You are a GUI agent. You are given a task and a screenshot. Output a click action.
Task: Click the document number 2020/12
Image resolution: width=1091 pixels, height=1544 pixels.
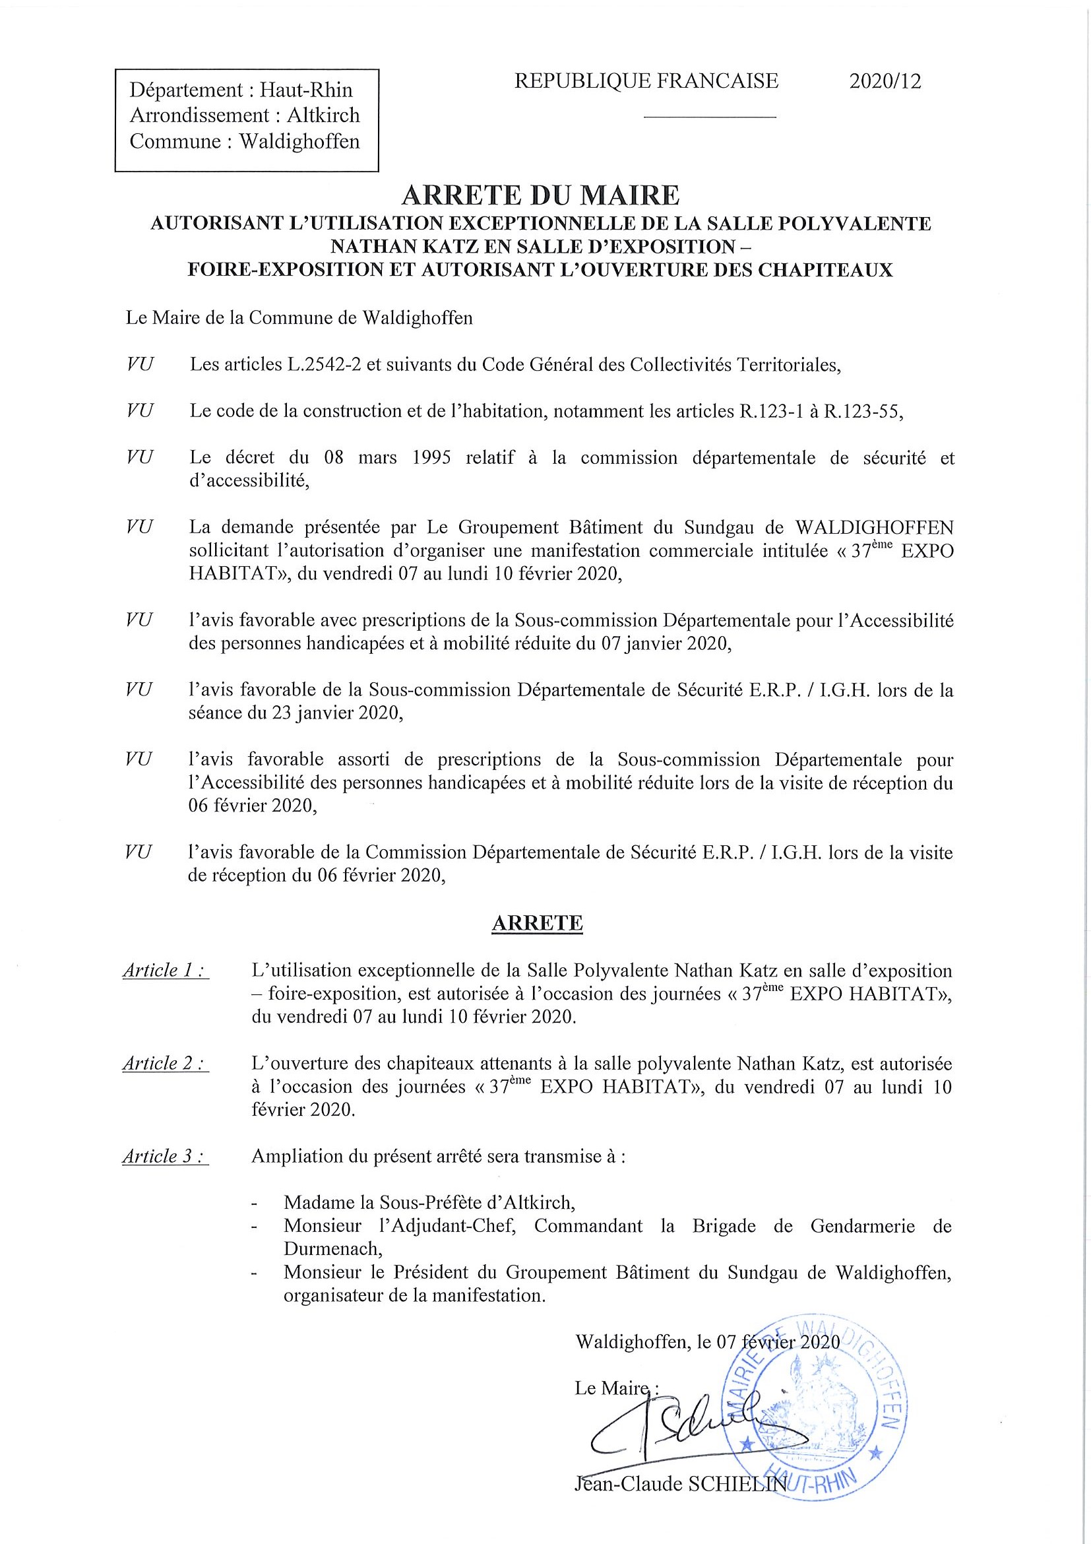(x=885, y=81)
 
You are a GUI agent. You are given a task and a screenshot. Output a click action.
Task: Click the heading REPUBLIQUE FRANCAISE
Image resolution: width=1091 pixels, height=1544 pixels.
(x=646, y=81)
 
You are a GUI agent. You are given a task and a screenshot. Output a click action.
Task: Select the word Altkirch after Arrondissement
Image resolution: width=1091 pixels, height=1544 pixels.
(x=323, y=115)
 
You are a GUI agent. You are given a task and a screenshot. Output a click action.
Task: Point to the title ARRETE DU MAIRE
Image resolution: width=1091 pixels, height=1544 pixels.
(x=540, y=195)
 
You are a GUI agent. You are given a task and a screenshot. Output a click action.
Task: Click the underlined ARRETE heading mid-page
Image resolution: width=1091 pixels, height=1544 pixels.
(x=537, y=923)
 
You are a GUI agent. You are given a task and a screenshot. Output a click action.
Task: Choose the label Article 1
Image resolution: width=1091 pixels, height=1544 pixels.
(x=165, y=971)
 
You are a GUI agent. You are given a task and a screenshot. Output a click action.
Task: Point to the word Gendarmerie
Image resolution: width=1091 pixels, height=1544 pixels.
(x=863, y=1225)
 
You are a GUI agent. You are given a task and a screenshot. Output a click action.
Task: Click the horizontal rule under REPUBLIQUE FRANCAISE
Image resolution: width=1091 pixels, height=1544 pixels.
(x=710, y=117)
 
